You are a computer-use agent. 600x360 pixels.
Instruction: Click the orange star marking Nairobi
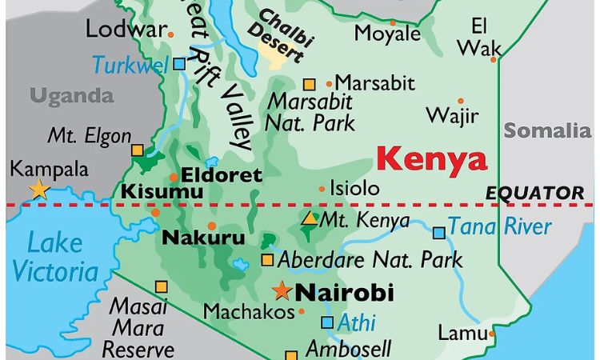(x=281, y=291)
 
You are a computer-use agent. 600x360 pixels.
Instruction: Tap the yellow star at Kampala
(x=38, y=190)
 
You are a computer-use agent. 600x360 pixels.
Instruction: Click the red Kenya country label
(x=431, y=159)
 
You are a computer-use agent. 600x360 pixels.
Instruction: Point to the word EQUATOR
(x=534, y=193)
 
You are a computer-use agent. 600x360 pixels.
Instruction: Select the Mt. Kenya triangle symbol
(x=308, y=218)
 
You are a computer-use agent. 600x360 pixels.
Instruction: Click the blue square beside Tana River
(x=438, y=233)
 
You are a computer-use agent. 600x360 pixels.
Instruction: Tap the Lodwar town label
(x=124, y=30)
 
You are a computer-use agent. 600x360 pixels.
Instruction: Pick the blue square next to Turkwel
(x=179, y=63)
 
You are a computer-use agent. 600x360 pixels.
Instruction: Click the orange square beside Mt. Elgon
(x=138, y=150)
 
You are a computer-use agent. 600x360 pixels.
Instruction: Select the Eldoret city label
(x=222, y=174)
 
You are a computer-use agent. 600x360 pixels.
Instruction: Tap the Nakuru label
(x=204, y=238)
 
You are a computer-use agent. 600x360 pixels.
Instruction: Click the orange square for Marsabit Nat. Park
(x=310, y=84)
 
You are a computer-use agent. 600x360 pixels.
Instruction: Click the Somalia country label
(x=547, y=130)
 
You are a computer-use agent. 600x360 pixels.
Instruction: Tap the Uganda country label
(x=72, y=97)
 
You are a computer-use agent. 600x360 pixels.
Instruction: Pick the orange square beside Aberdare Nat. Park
(x=267, y=259)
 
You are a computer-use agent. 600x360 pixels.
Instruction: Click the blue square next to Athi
(x=326, y=322)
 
